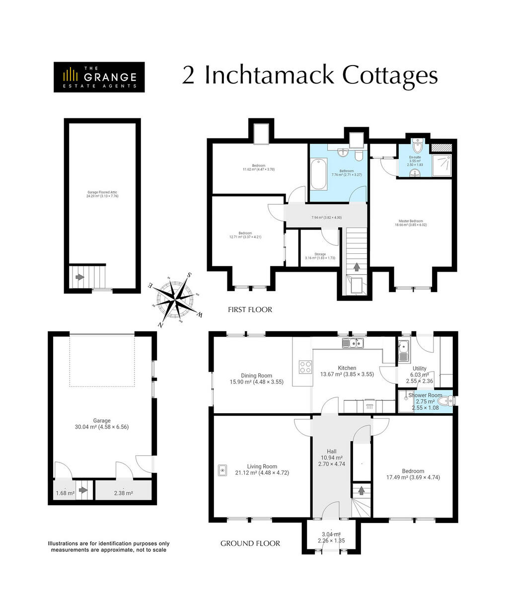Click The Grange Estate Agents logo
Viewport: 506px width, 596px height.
(x=99, y=77)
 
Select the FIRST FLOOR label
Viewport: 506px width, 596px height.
(x=250, y=309)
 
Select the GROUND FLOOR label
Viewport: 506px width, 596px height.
(x=250, y=543)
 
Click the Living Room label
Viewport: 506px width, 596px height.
(x=262, y=466)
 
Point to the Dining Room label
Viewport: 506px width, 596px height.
(x=256, y=376)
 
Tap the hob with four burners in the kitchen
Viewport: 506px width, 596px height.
(x=305, y=367)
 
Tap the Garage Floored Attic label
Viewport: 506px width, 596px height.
(x=102, y=192)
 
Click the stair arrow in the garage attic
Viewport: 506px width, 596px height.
(x=78, y=277)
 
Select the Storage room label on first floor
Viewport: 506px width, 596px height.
(x=320, y=254)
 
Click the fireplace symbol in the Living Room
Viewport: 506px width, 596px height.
(x=222, y=469)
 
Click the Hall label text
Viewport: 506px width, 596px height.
(x=331, y=451)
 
